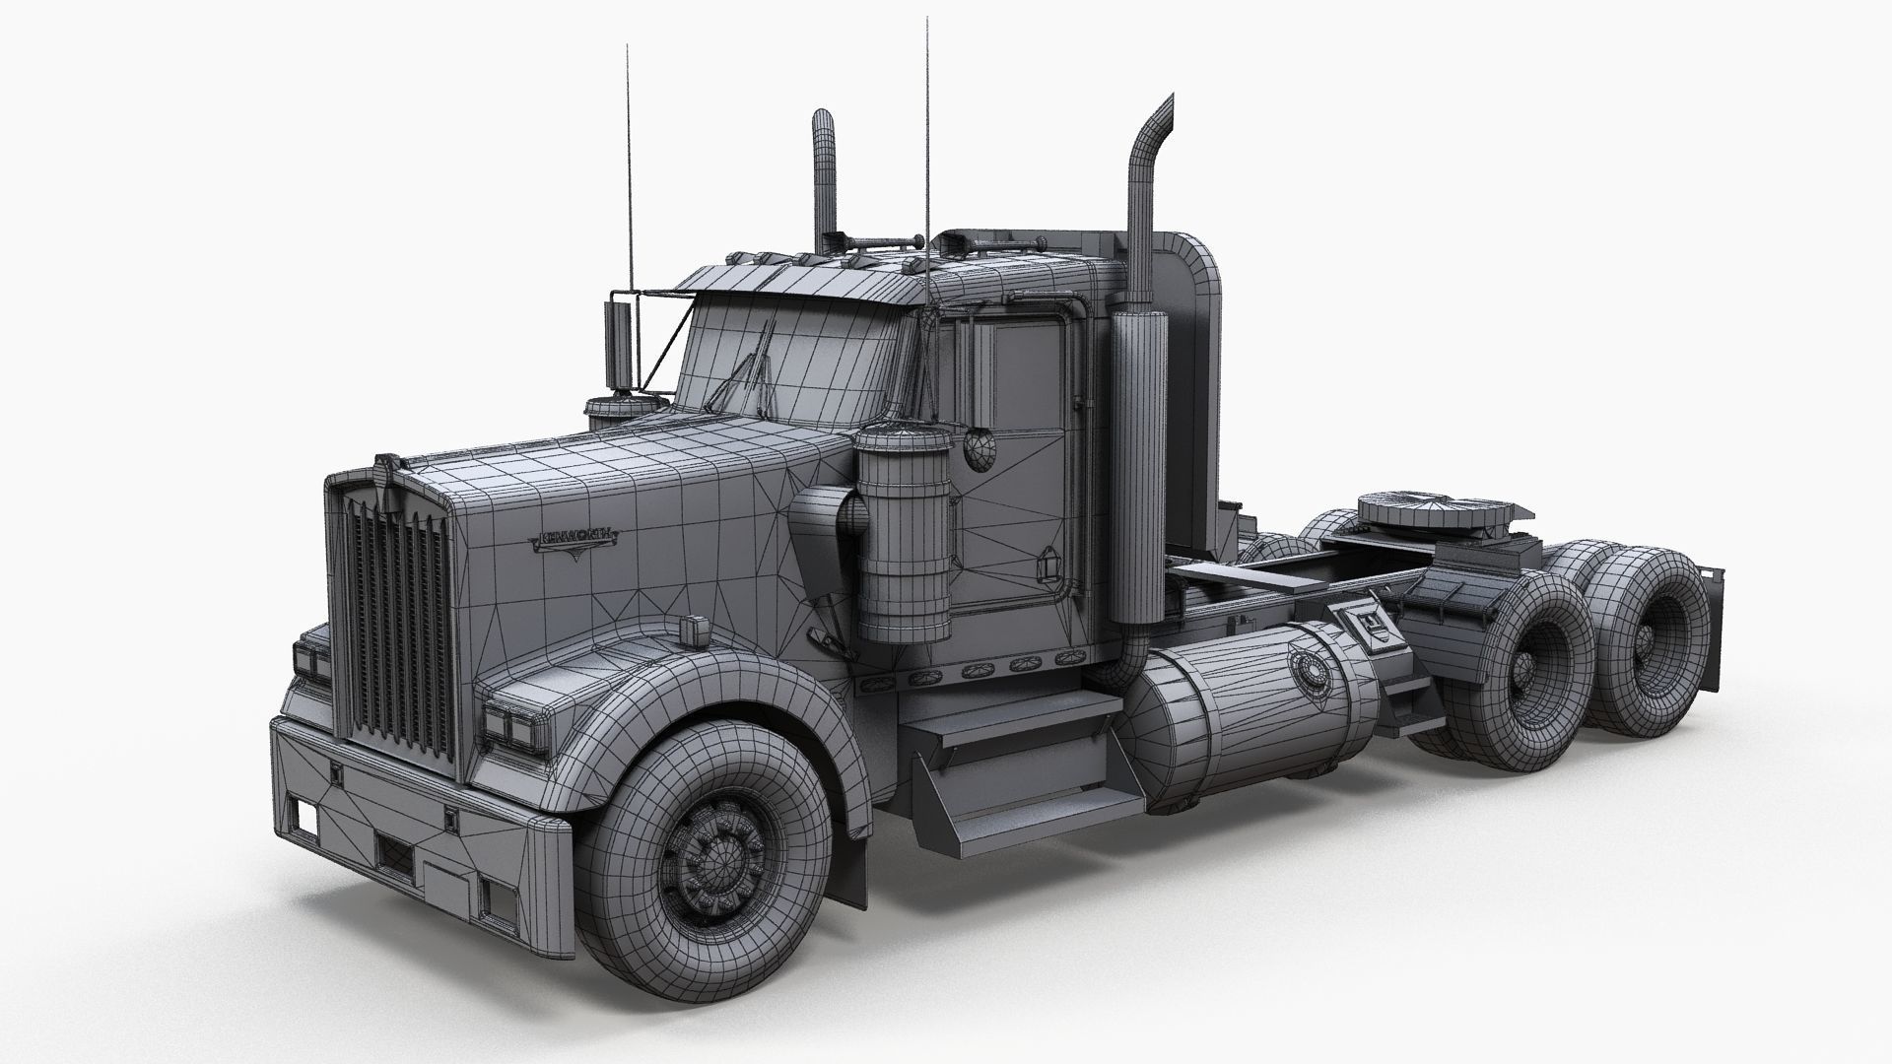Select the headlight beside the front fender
click(x=511, y=724)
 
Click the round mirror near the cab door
click(x=981, y=448)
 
